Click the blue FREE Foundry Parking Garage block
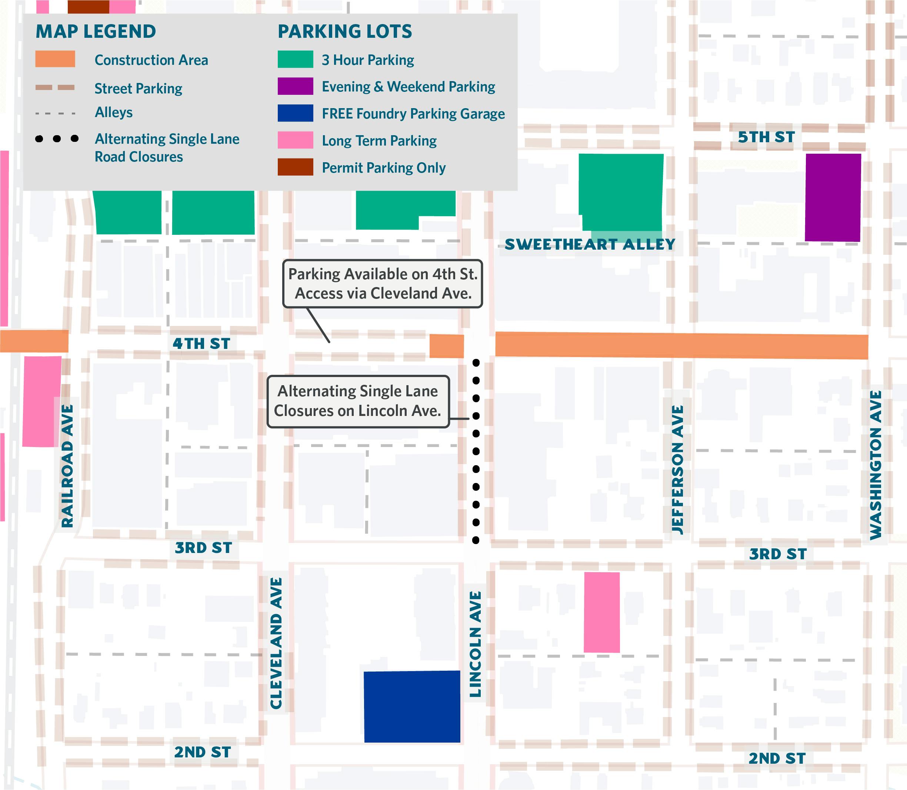coord(411,707)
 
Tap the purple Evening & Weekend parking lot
coord(833,197)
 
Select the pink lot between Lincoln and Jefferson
coord(601,612)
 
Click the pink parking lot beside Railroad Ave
coord(42,401)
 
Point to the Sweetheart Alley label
coord(590,244)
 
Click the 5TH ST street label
coord(766,137)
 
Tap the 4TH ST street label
coord(201,343)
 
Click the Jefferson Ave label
coord(677,470)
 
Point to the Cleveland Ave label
coord(276,643)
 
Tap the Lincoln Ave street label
coord(475,644)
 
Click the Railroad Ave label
coord(67,466)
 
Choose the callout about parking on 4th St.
coord(383,283)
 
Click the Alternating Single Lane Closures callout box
coord(358,401)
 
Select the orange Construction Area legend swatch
coord(55,59)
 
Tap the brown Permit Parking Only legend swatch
coord(295,167)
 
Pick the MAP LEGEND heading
coord(96,32)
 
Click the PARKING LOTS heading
coord(345,32)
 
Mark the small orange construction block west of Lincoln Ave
coord(446,346)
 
